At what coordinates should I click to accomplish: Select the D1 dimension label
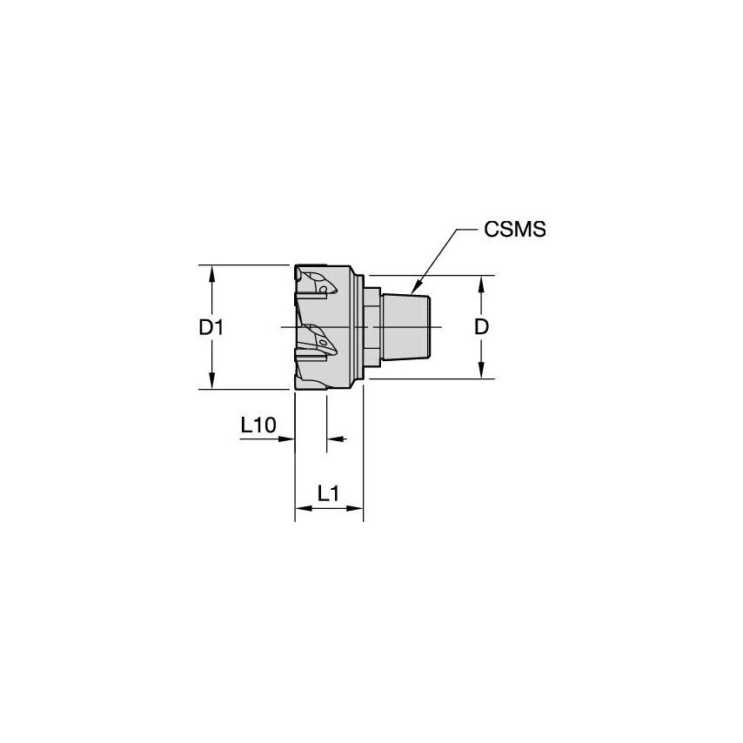[211, 328]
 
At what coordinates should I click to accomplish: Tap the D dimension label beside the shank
[481, 327]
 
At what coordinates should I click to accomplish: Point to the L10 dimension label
[258, 425]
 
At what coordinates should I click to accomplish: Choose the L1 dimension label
[328, 493]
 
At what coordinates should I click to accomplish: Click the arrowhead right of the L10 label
[288, 439]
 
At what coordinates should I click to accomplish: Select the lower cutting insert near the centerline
[317, 341]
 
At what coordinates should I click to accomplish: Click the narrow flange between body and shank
[371, 327]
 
